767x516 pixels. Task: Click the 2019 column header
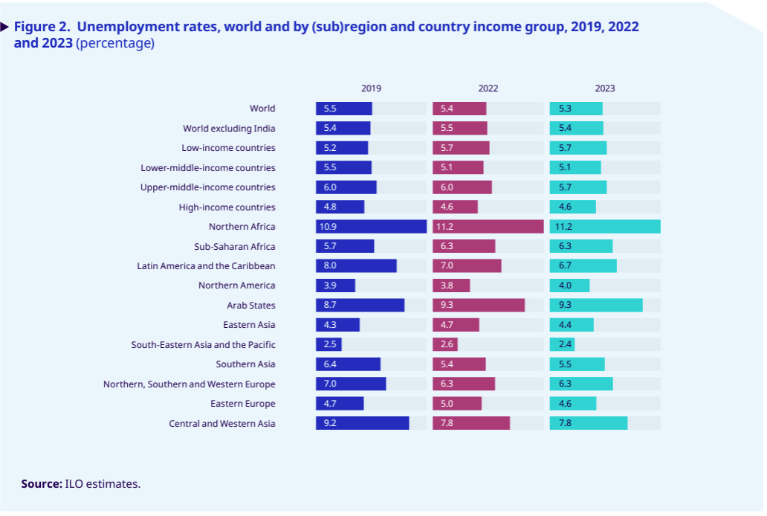(x=371, y=88)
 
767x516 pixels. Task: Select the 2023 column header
(x=605, y=88)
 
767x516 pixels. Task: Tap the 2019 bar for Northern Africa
(x=371, y=227)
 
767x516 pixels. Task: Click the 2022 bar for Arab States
(x=479, y=306)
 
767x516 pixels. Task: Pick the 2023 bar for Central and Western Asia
(x=589, y=423)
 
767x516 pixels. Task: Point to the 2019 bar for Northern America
(x=335, y=286)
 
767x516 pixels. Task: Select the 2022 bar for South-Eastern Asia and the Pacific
(x=445, y=344)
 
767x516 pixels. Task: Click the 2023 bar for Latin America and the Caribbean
(x=583, y=266)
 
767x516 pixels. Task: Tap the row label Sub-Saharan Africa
(x=234, y=246)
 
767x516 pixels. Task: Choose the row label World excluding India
(x=229, y=129)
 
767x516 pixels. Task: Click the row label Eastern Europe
(x=243, y=404)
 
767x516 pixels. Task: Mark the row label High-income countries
(x=227, y=207)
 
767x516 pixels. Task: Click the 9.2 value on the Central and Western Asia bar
(x=330, y=423)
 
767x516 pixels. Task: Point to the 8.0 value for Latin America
(x=330, y=266)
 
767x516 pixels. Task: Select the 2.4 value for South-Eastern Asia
(x=565, y=344)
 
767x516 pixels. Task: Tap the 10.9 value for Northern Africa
(x=332, y=227)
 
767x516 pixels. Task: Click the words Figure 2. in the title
(x=42, y=27)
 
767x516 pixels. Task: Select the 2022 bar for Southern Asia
(x=459, y=364)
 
